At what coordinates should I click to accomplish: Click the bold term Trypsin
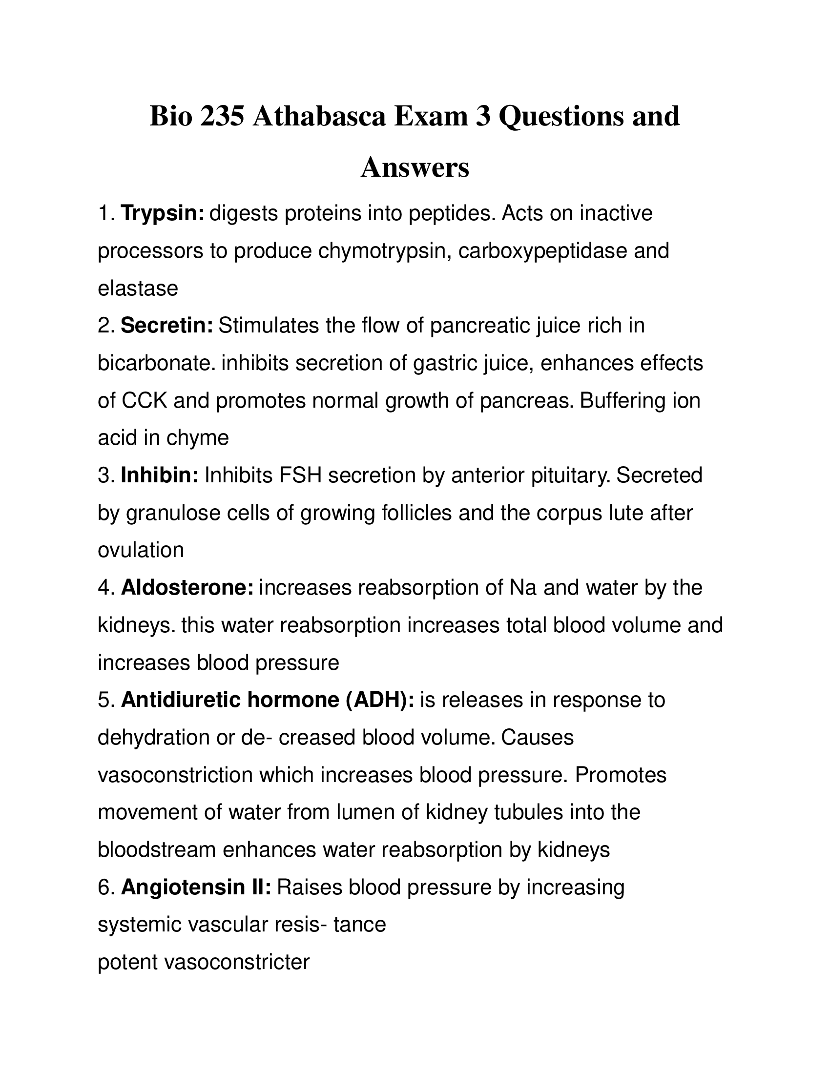click(162, 213)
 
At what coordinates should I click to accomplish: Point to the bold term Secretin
click(166, 326)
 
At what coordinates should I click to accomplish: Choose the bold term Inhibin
click(159, 475)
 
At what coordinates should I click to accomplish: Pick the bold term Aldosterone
click(187, 587)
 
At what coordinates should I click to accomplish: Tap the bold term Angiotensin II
click(196, 887)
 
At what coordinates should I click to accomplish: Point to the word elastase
click(138, 288)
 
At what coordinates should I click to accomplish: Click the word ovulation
click(141, 550)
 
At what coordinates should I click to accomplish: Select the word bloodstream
click(157, 850)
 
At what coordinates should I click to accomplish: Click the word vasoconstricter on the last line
click(236, 962)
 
